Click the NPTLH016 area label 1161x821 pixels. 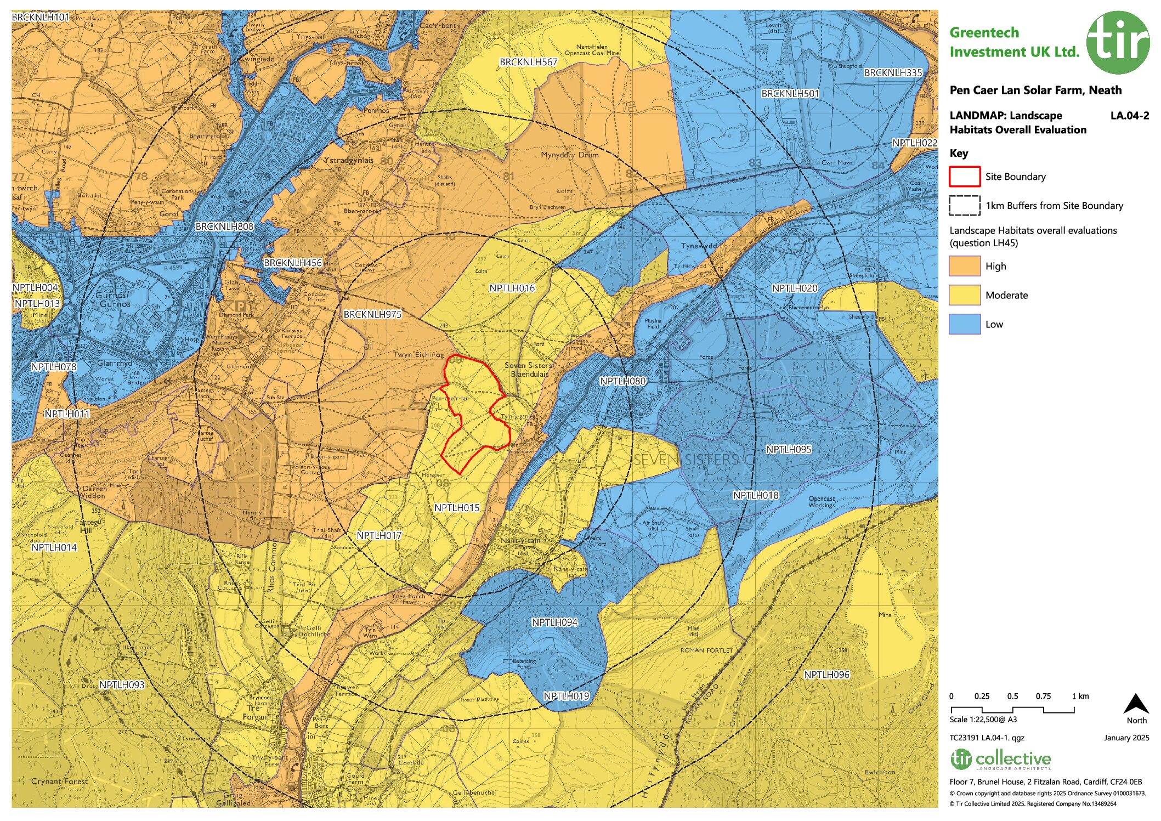(x=512, y=288)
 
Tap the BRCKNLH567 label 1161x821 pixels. (x=528, y=62)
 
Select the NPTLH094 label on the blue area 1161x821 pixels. (x=554, y=622)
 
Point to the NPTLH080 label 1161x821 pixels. (x=622, y=381)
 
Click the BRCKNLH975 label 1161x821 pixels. (x=372, y=314)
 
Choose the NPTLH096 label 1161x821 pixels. (x=826, y=675)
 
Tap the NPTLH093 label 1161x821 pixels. (x=121, y=684)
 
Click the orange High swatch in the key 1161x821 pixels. (x=964, y=266)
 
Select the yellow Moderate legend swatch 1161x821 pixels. (x=964, y=295)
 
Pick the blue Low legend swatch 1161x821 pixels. (x=964, y=324)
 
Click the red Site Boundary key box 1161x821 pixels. (x=964, y=177)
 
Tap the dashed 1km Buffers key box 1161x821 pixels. (x=964, y=206)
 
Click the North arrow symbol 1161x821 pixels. (x=1136, y=704)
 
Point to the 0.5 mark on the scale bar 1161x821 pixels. (x=1012, y=697)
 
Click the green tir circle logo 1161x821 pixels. (x=1118, y=42)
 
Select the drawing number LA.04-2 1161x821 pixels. (x=1129, y=115)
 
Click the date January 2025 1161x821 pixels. (x=1126, y=738)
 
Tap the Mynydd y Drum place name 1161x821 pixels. (x=569, y=155)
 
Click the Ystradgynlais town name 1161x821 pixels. (x=348, y=160)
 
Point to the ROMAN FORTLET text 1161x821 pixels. (x=706, y=650)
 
